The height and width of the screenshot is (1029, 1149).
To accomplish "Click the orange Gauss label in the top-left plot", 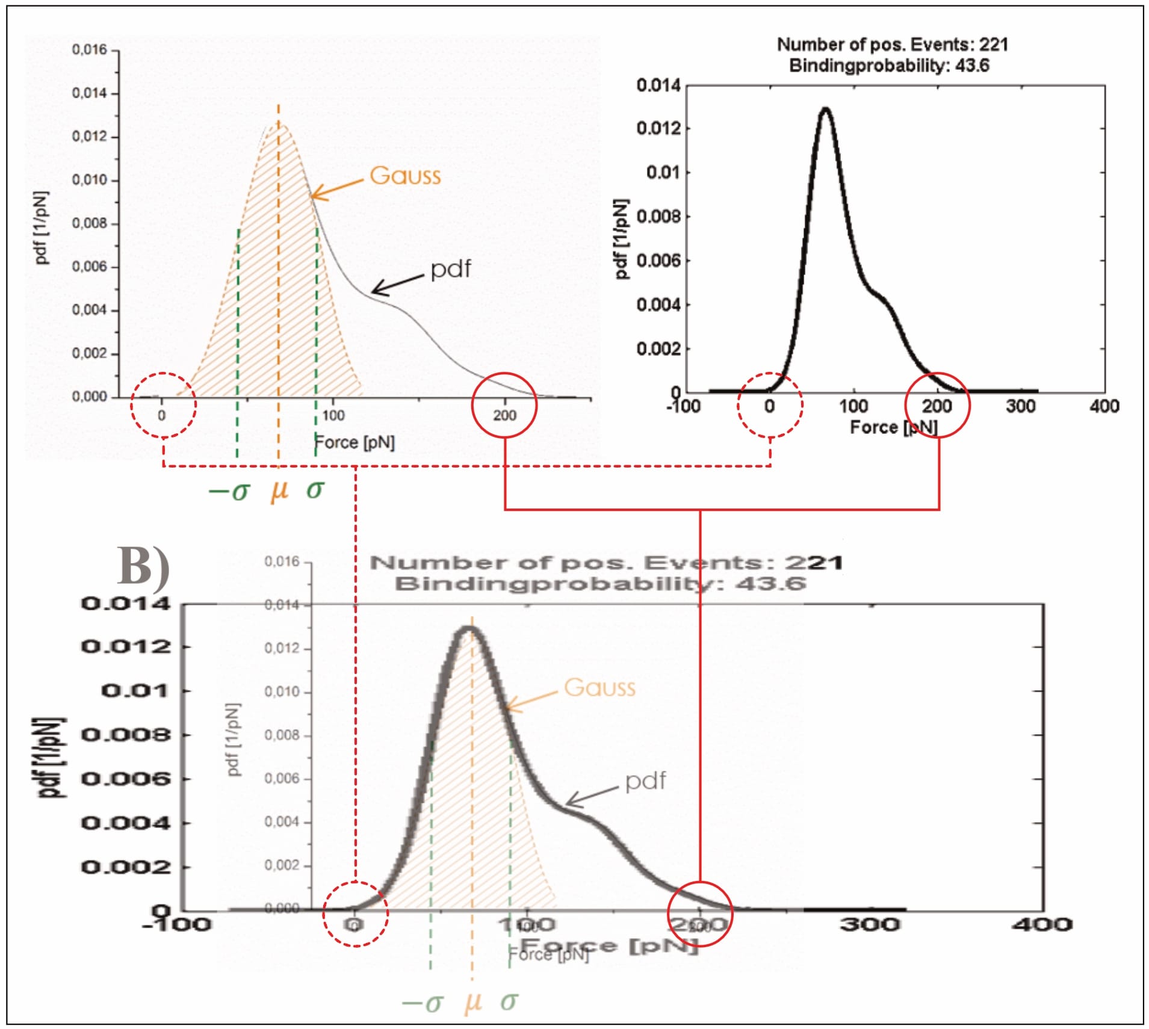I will tap(405, 175).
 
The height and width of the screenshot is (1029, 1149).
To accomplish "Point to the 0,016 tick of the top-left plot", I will tap(89, 49).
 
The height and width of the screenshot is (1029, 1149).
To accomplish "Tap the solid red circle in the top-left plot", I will tap(504, 405).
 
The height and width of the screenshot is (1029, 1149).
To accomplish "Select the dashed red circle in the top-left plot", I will tap(164, 405).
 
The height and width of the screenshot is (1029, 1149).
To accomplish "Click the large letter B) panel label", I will tap(143, 566).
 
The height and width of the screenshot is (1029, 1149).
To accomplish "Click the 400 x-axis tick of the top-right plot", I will tap(1104, 406).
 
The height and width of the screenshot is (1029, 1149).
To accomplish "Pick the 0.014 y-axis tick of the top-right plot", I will tap(658, 85).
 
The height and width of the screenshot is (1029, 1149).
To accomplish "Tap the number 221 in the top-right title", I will tap(993, 45).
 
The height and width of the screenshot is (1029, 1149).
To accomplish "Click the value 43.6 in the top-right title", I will tap(972, 65).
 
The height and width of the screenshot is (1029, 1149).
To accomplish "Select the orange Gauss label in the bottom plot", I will tap(599, 687).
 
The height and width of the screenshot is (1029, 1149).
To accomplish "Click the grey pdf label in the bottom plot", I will tap(645, 780).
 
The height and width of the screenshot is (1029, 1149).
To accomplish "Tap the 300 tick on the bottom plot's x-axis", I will tap(870, 924).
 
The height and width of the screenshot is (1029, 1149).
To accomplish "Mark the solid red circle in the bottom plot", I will tap(700, 913).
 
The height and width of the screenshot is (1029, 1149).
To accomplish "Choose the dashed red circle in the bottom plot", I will tap(356, 913).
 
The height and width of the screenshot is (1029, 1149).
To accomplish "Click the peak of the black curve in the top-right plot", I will tap(826, 110).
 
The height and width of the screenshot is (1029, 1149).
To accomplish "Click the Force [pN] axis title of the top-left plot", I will tap(355, 442).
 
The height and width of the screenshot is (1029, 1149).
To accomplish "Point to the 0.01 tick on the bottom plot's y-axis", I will tap(135, 690).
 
